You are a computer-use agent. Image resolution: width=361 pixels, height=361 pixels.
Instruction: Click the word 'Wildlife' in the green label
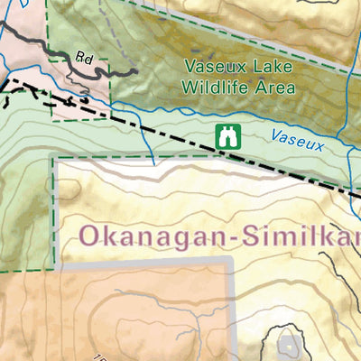(215, 88)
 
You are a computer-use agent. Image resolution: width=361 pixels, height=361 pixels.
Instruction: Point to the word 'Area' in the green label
(275, 88)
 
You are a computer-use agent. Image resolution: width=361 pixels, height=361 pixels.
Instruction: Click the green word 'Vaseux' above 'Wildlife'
(211, 66)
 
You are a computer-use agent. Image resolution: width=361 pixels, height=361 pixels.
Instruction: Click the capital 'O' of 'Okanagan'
(90, 236)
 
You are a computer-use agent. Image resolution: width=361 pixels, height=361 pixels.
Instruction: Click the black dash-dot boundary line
(180, 137)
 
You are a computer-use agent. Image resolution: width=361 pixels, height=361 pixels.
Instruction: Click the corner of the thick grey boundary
(232, 261)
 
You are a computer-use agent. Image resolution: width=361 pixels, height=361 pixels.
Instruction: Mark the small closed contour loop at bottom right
(289, 345)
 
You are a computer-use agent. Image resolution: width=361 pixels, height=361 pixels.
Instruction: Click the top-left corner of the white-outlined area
(56, 162)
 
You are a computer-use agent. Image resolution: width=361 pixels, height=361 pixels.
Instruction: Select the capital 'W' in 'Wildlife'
(188, 88)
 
